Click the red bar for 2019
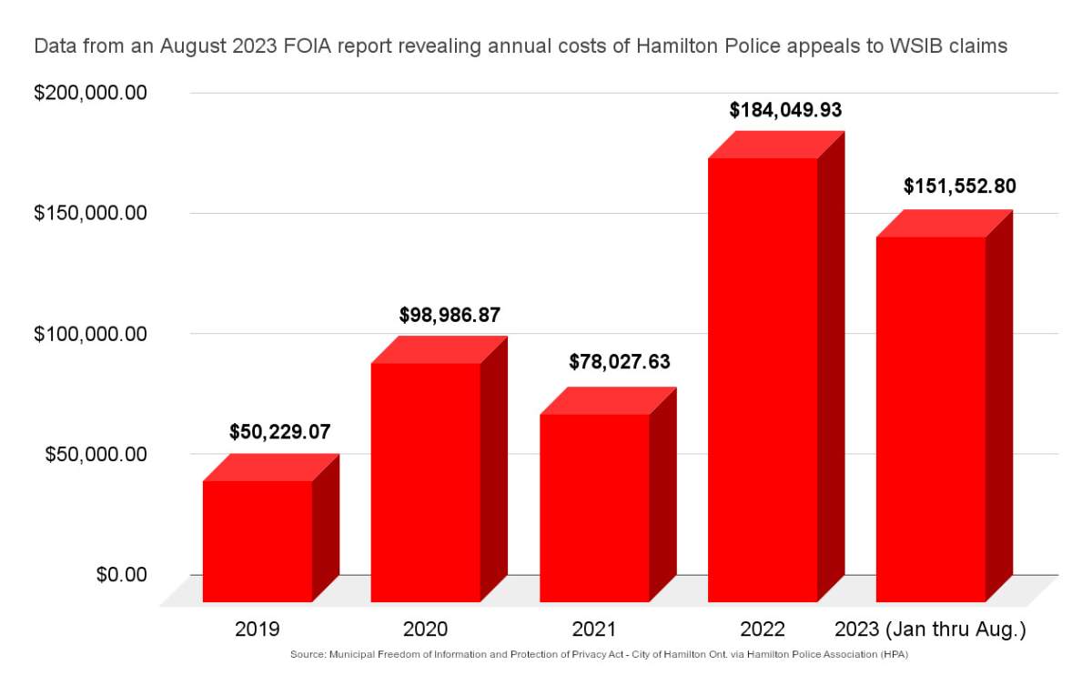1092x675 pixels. [x=258, y=540]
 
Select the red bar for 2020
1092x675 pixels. [x=426, y=482]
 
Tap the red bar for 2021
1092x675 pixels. [x=594, y=508]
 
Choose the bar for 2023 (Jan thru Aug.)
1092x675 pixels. [x=931, y=418]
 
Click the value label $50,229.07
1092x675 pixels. [x=280, y=431]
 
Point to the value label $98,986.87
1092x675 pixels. [x=450, y=315]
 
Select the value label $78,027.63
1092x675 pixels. [x=619, y=361]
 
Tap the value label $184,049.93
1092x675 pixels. [x=785, y=110]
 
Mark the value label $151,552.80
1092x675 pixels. [x=959, y=186]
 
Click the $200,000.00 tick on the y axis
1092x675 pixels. [x=90, y=93]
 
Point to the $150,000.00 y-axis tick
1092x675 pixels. [x=90, y=213]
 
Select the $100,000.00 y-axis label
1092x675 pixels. [x=90, y=334]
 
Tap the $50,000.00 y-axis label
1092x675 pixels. [x=96, y=454]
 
